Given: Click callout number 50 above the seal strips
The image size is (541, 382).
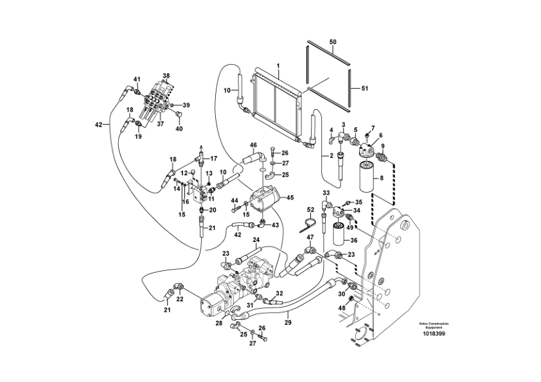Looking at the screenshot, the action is (333, 42).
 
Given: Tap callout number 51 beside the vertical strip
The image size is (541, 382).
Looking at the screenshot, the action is (365, 89).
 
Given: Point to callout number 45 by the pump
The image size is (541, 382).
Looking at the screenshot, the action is (290, 198).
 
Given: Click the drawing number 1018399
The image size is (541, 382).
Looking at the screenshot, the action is (434, 334).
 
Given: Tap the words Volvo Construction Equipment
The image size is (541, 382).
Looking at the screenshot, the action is (434, 326).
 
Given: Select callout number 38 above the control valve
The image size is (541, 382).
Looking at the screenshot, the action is (166, 76).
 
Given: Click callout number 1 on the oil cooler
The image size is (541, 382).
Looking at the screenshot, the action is (278, 65).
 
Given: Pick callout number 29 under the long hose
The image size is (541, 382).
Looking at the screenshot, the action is (288, 323).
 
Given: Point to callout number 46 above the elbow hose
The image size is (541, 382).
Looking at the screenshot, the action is (254, 145).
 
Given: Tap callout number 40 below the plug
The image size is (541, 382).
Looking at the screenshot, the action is (179, 129).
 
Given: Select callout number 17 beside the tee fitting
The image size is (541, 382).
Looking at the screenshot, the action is (213, 159).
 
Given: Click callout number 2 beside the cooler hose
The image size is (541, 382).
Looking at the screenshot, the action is (332, 156).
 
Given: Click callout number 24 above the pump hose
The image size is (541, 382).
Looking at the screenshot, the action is (256, 239).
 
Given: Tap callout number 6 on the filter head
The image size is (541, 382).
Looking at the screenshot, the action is (381, 135).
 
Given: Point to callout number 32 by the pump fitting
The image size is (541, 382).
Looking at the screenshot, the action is (279, 294).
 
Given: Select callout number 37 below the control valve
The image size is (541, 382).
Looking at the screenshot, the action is (161, 124).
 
